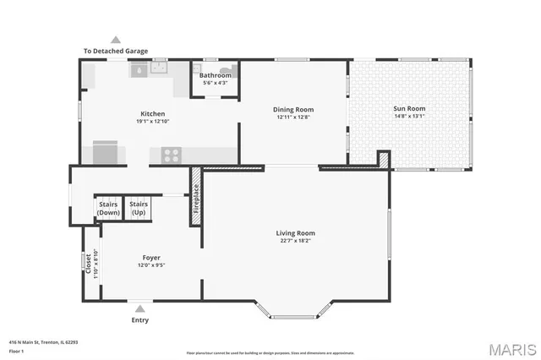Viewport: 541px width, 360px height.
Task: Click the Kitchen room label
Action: [x=152, y=114]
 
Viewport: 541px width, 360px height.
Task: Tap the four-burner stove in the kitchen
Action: [x=171, y=155]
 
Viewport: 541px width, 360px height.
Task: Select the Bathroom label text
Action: [x=215, y=76]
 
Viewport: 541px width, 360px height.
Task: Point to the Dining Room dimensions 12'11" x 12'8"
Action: [x=293, y=117]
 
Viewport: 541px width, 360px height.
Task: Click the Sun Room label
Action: [x=408, y=109]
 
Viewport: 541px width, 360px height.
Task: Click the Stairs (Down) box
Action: [x=108, y=208]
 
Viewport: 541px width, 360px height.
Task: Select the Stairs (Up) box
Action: [x=139, y=208]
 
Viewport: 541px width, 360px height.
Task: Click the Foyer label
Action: [x=151, y=258]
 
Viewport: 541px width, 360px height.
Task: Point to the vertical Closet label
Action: [x=88, y=264]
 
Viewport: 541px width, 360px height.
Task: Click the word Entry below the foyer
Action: [x=140, y=320]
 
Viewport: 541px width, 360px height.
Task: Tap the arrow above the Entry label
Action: [x=140, y=309]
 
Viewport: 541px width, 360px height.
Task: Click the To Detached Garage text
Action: [x=115, y=51]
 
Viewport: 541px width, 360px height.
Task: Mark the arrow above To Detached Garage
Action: [x=116, y=39]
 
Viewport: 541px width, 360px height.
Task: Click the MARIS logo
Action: [x=510, y=349]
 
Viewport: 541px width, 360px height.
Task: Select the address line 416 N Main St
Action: [x=45, y=342]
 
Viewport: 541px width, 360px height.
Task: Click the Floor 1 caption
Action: [x=17, y=350]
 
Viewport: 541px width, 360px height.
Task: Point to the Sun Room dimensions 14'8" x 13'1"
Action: [x=408, y=117]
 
